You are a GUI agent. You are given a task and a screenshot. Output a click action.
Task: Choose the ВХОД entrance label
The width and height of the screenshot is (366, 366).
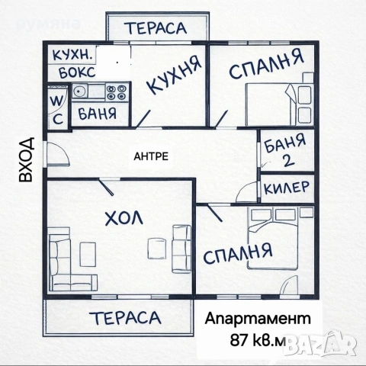click(26, 159)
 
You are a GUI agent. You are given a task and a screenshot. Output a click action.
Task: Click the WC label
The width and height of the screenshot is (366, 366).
click(57, 109)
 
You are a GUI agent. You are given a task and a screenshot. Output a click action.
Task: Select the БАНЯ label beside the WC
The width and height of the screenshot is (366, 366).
click(97, 114)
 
